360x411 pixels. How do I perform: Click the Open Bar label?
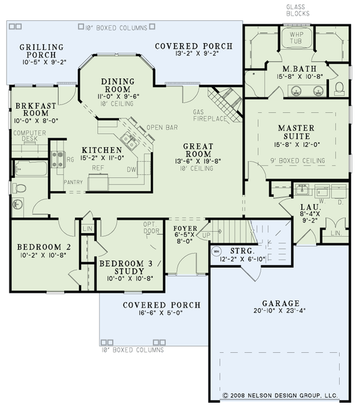[x=162, y=126]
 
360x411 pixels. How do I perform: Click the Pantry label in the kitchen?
[x=72, y=183]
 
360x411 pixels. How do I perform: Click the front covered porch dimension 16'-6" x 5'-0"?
[x=161, y=314]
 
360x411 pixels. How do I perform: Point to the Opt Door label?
[x=150, y=228]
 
